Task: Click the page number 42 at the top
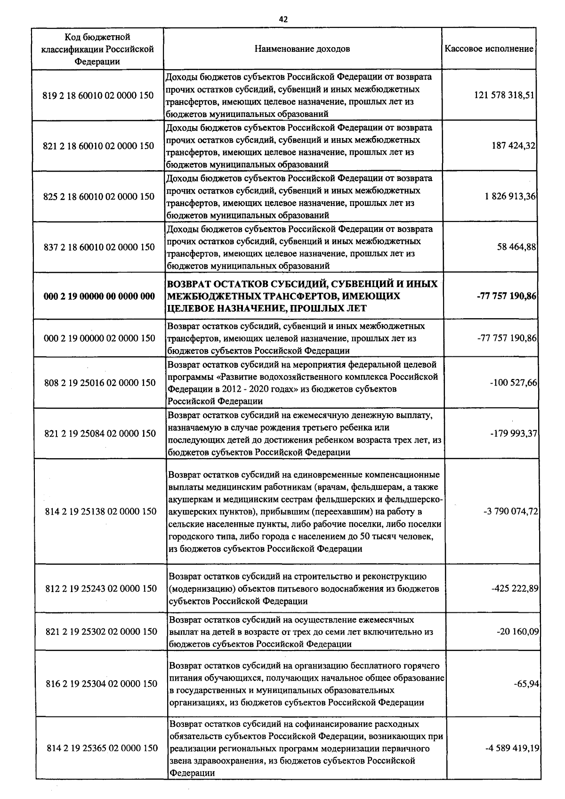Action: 283,19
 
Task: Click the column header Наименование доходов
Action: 302,49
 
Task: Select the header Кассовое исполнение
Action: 489,49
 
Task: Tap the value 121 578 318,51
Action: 504,95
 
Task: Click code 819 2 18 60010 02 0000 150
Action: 98,95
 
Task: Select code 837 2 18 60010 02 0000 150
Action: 99,247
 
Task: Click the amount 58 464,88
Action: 517,247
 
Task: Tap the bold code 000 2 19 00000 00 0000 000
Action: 99,296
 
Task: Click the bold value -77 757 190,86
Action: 507,296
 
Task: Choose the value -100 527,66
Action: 513,383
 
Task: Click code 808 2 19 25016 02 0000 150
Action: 99,383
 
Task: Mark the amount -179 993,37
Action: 513,433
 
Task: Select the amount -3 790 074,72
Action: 510,511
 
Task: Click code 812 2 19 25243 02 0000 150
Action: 101,589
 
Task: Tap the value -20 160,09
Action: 517,631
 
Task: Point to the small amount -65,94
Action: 526,684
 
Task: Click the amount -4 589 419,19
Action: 512,748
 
